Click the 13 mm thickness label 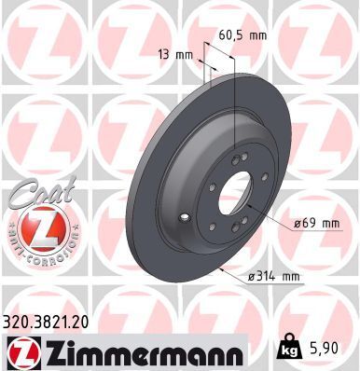pyautogui.click(x=176, y=55)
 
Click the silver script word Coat pyautogui.click(x=35, y=193)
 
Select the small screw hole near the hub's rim pyautogui.click(x=190, y=220)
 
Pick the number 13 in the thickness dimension pyautogui.click(x=166, y=55)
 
